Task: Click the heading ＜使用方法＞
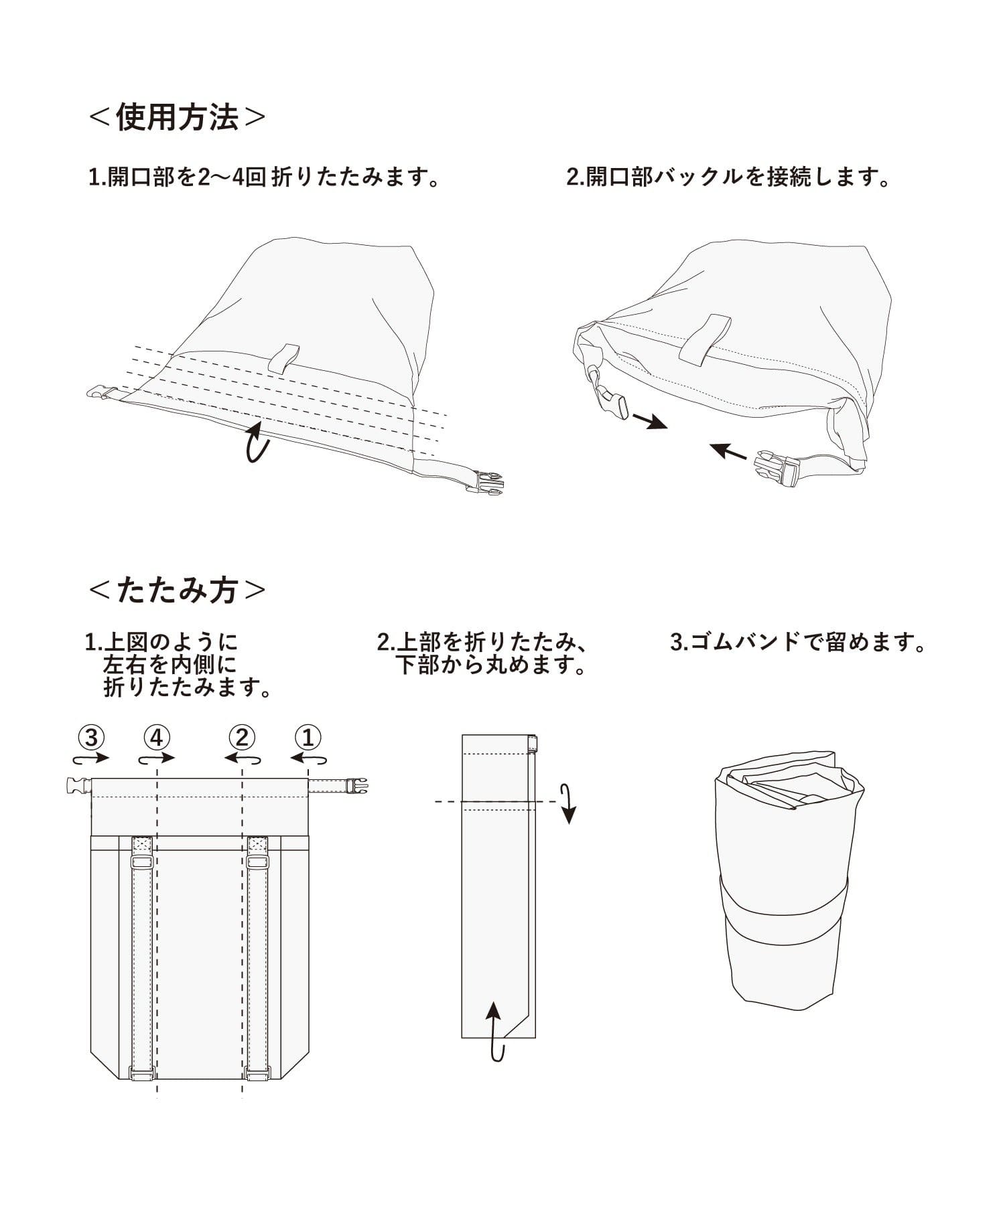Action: point(178,118)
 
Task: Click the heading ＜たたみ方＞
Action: point(178,590)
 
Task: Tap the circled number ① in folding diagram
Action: point(308,738)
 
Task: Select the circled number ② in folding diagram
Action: point(242,738)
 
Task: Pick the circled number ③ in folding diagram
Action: point(92,738)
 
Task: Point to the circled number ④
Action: point(156,738)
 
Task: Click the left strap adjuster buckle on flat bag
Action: point(141,863)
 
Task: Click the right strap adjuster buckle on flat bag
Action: point(257,863)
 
